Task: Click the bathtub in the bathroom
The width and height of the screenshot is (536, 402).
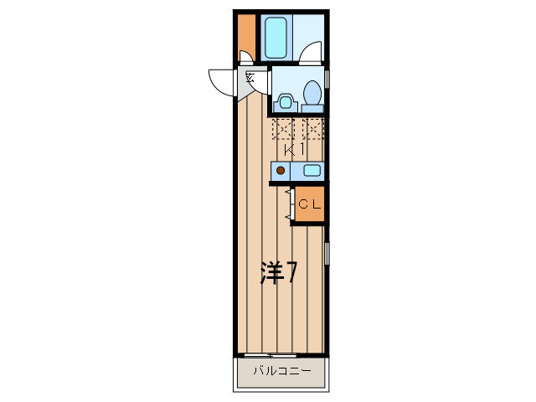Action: [x=276, y=37]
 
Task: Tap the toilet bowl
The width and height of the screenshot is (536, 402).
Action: [x=312, y=93]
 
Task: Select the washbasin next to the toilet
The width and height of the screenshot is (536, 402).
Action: [x=286, y=102]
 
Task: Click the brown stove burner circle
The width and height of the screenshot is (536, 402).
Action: [x=281, y=171]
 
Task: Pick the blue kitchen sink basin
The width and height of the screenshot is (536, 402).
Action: [x=311, y=171]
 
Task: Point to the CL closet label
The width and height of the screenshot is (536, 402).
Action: [x=309, y=204]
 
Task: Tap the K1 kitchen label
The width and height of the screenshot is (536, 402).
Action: [x=293, y=150]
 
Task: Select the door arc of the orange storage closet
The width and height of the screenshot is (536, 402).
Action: [x=245, y=59]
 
